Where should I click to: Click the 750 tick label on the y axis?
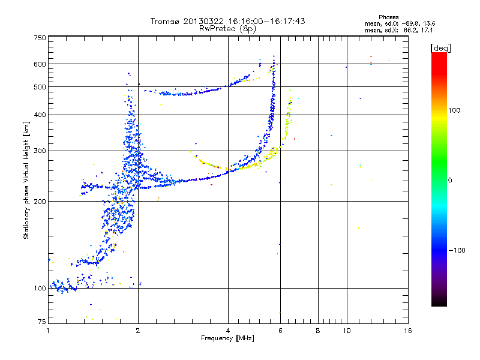click(x=40, y=37)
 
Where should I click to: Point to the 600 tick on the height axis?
click(x=40, y=64)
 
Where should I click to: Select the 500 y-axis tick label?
click(x=40, y=86)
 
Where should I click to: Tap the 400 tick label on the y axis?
click(x=40, y=115)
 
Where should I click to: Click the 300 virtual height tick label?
click(x=40, y=151)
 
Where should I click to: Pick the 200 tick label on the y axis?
click(x=40, y=201)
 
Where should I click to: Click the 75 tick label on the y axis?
click(x=41, y=323)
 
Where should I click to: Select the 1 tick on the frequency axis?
click(x=48, y=330)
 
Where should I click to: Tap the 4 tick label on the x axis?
click(x=228, y=330)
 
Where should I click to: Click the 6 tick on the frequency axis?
click(x=281, y=330)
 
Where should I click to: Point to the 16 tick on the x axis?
click(x=407, y=330)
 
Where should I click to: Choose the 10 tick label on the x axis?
click(x=346, y=330)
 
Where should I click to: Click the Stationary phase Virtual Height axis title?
click(x=26, y=180)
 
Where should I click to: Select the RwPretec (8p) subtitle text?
click(x=228, y=28)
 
